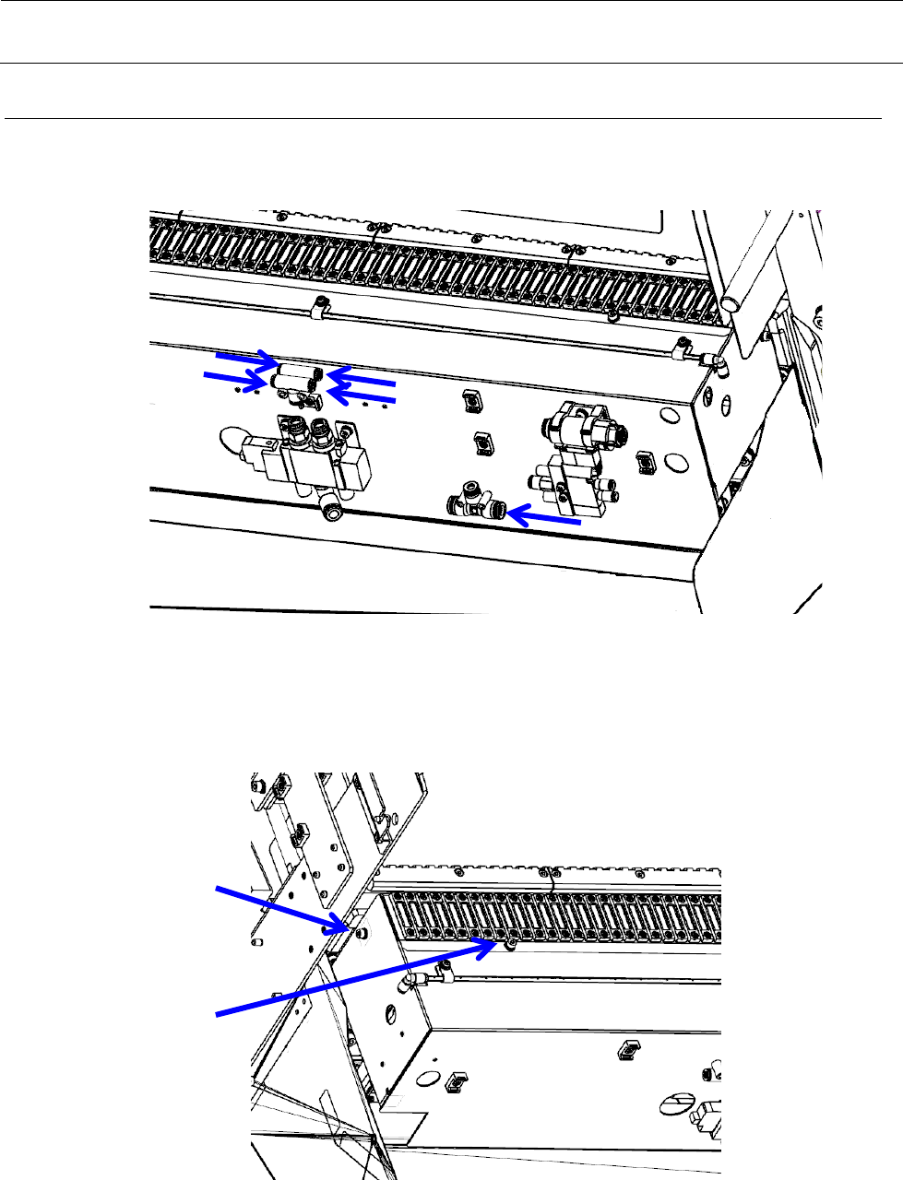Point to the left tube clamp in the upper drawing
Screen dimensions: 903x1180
coord(318,307)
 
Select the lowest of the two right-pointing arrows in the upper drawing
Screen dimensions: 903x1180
coord(236,378)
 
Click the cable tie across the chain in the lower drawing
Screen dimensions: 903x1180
coord(552,882)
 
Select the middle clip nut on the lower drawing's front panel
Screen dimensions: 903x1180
coord(628,1047)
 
